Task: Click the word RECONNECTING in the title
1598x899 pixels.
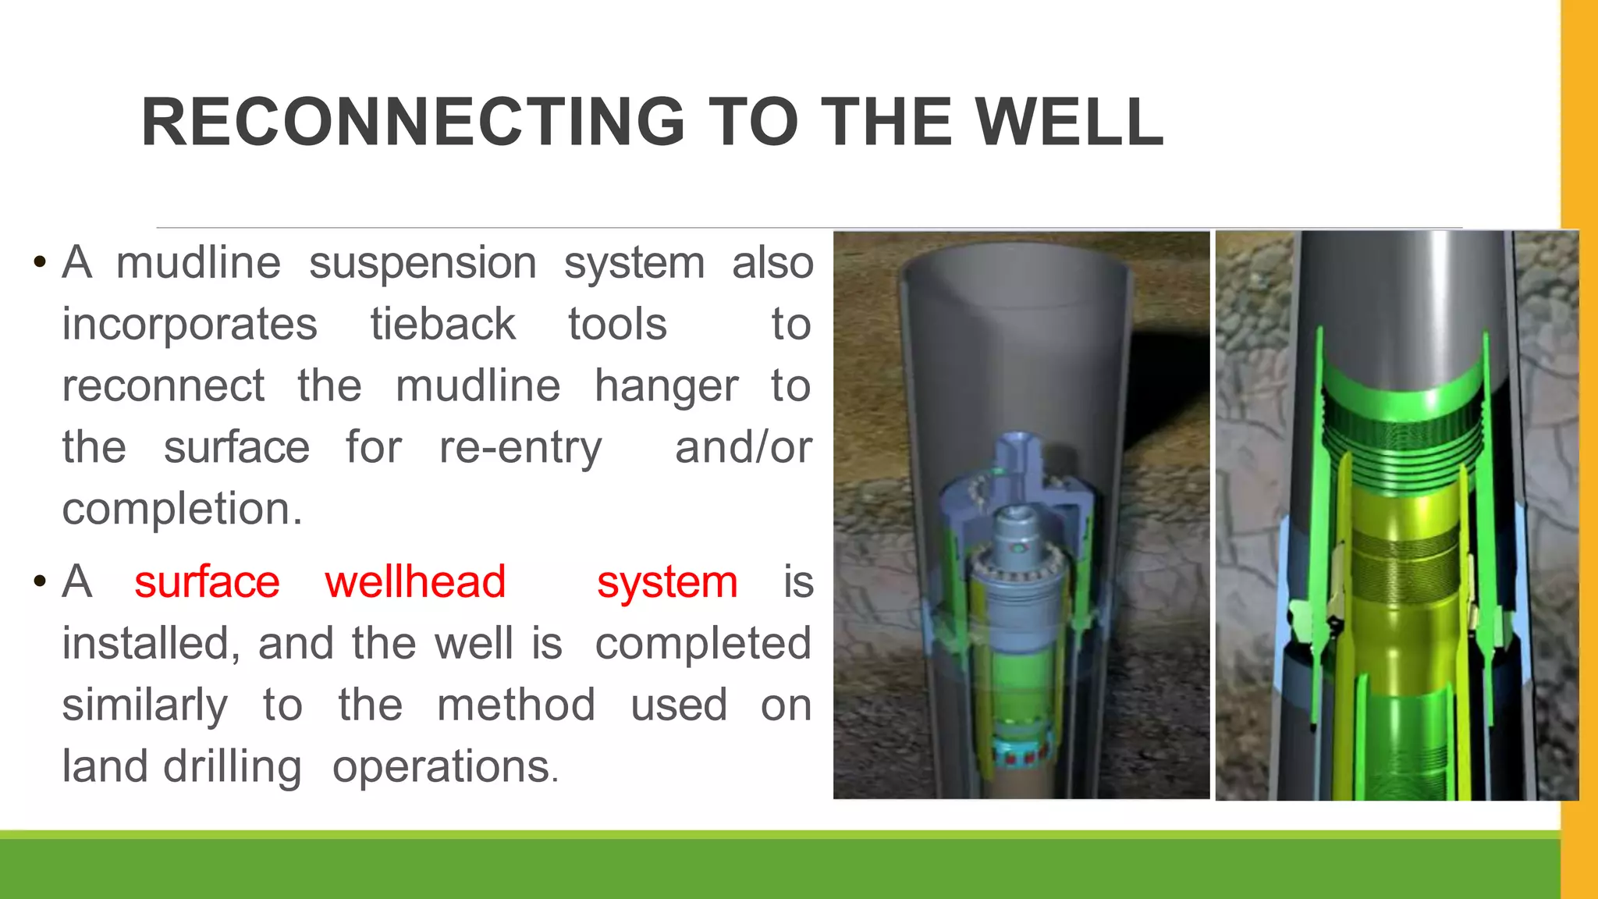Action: pyautogui.click(x=413, y=123)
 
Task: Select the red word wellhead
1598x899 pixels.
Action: pyautogui.click(x=415, y=582)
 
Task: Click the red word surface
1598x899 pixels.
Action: pyautogui.click(x=207, y=582)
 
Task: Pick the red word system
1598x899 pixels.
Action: pyautogui.click(x=667, y=582)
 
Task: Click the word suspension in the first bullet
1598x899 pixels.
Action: pyautogui.click(x=422, y=263)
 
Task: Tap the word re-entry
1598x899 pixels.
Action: pyautogui.click(x=520, y=448)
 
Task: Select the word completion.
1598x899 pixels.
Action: pyautogui.click(x=181, y=510)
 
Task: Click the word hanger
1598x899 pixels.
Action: pyautogui.click(x=666, y=386)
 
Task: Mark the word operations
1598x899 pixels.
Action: pyautogui.click(x=442, y=768)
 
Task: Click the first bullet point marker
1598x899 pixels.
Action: pyautogui.click(x=39, y=262)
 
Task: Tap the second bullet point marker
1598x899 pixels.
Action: pyautogui.click(x=39, y=582)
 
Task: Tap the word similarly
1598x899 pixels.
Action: pyautogui.click(x=145, y=705)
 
